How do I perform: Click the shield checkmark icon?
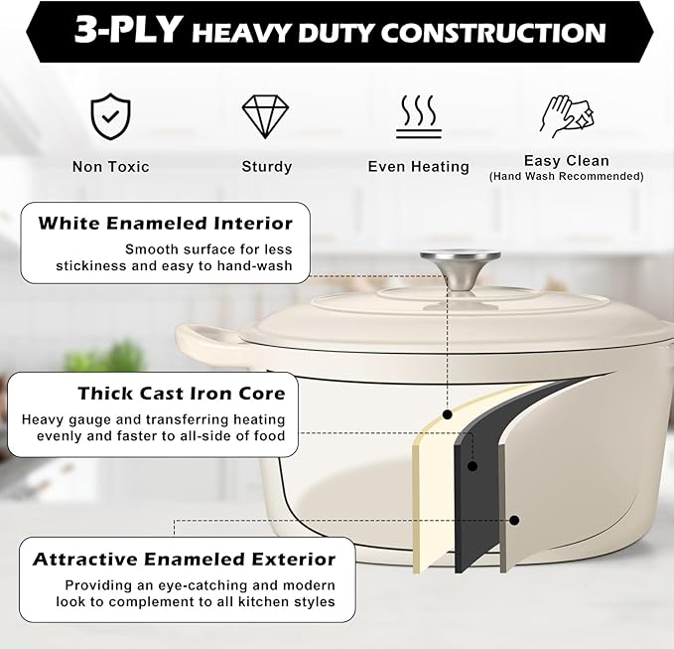coord(110,116)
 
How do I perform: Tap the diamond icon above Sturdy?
coord(265,116)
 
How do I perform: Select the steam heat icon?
coord(419,116)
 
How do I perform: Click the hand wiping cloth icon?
coord(567,116)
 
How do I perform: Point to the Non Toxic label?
coord(111,167)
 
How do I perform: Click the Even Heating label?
coord(419,167)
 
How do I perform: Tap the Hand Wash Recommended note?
coord(567,177)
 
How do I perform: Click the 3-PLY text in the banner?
coord(128,30)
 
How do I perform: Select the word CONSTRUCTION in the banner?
coord(493,33)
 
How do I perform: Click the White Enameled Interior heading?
coord(166,224)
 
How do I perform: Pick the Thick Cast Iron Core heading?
coord(182,394)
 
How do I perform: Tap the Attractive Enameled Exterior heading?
coord(184,559)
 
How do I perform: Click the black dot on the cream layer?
coord(448,414)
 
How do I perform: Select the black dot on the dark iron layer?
coord(472,466)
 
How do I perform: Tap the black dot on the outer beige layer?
coord(514,521)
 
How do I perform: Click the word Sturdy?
coord(267,167)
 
